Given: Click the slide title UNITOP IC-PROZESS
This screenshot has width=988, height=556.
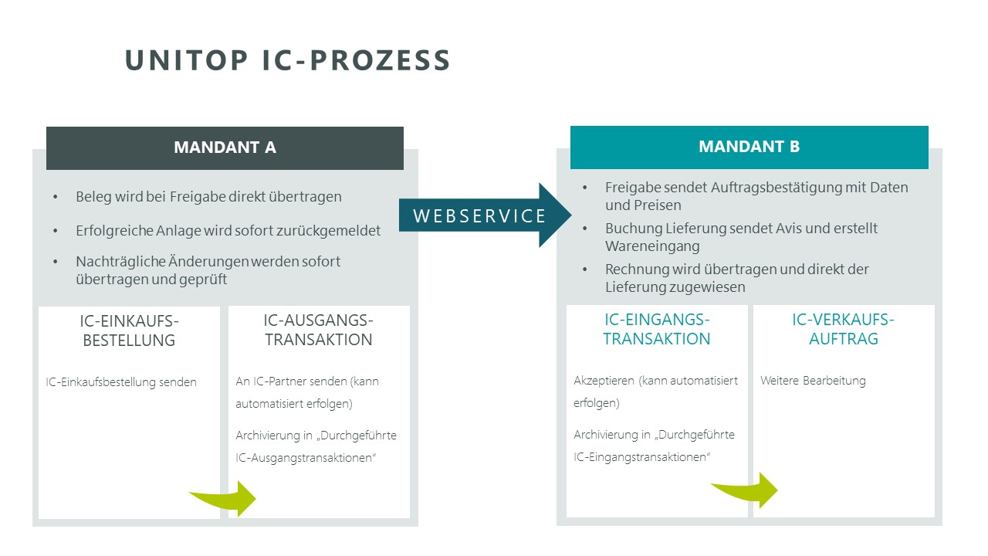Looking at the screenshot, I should click(287, 61).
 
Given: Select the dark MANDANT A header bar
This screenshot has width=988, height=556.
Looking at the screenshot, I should click(225, 147).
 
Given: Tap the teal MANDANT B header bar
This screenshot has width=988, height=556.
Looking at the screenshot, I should click(749, 147).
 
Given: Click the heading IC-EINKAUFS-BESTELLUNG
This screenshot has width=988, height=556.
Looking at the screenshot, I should click(129, 331).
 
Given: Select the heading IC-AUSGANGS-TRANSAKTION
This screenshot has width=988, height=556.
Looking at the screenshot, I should click(318, 331).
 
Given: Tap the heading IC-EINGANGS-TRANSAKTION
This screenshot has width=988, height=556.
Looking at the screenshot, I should click(657, 330).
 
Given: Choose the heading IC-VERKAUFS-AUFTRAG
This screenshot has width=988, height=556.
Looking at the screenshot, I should click(843, 330).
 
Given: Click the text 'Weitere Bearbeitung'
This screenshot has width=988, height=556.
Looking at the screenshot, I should click(813, 381).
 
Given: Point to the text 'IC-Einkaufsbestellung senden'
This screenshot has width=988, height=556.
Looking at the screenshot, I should click(121, 381).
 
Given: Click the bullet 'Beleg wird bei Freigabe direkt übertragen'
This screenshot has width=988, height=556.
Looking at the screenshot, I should click(208, 197).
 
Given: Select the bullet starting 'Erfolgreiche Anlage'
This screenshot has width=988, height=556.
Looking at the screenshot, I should click(228, 231).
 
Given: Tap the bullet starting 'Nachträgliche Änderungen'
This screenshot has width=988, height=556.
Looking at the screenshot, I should click(208, 270).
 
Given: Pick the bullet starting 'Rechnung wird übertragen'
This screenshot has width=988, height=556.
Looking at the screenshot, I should click(736, 278).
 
